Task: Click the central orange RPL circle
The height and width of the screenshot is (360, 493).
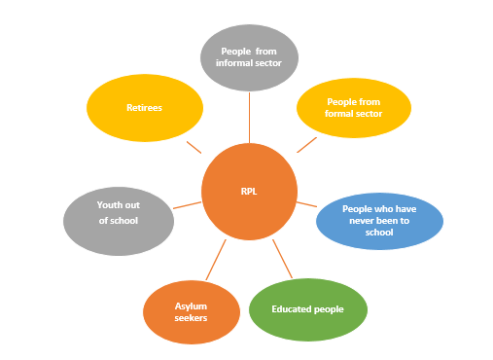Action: click(249, 191)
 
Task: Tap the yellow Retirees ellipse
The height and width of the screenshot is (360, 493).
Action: click(144, 107)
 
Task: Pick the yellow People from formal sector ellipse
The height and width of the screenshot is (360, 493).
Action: click(353, 107)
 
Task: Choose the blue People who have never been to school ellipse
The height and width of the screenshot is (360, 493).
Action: click(379, 220)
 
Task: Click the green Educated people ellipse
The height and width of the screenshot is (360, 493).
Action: click(307, 310)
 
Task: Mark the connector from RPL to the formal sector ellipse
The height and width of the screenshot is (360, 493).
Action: click(306, 143)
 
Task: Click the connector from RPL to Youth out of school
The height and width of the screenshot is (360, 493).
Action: click(187, 205)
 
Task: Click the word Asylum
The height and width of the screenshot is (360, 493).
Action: click(192, 305)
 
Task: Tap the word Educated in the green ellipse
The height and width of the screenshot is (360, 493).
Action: click(293, 310)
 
